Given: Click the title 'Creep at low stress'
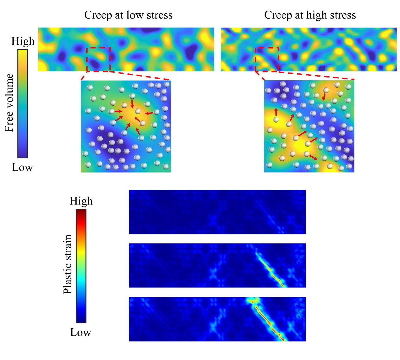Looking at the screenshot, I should pos(128,15).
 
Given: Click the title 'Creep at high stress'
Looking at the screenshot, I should pos(310,15).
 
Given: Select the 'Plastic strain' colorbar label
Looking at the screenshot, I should pos(68,264).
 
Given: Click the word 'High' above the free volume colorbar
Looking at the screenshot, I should pos(23,41).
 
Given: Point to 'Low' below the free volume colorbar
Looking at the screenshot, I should pos(22,167).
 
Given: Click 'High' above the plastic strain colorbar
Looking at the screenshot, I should pos(81,201).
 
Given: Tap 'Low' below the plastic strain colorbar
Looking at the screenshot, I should pos(81,332).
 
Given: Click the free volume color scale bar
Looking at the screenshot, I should pos(23,104).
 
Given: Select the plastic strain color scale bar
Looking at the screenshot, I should pos(81,266).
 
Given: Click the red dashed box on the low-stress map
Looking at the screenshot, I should pos(98,59).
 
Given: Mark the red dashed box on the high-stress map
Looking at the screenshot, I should pos(267,59).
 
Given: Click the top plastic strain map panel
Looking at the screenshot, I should pos(217,212).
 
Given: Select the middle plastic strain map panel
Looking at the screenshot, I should pos(217,265).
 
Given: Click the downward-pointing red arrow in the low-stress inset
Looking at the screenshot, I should pos(132,104).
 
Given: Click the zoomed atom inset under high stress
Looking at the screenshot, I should pos(309,126).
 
